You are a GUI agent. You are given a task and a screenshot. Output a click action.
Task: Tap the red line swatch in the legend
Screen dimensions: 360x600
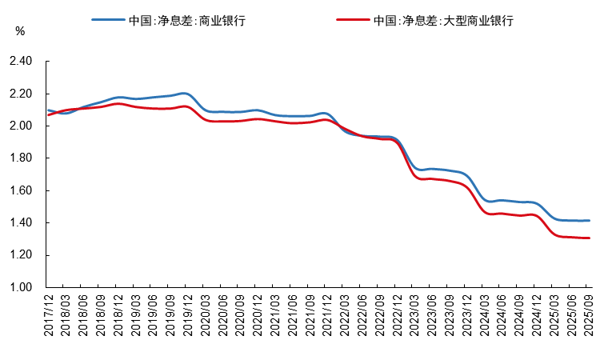click(353, 21)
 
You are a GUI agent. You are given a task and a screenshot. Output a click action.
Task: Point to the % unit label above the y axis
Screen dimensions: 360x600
click(21, 31)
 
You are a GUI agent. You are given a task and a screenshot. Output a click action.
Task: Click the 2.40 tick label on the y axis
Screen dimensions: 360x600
click(21, 62)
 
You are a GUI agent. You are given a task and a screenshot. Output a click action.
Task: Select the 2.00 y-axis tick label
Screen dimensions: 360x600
click(21, 126)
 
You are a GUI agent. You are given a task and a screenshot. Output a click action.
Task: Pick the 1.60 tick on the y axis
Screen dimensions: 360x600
click(21, 191)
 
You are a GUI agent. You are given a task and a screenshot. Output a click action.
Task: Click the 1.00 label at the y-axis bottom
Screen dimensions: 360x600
click(21, 288)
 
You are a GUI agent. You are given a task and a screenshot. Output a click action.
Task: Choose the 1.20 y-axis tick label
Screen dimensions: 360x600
click(21, 255)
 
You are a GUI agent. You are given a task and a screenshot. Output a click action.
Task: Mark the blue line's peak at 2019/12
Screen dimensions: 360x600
click(185, 94)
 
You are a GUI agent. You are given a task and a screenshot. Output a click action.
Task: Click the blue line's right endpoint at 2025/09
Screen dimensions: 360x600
click(588, 220)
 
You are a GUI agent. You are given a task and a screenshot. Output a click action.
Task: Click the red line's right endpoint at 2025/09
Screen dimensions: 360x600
click(588, 238)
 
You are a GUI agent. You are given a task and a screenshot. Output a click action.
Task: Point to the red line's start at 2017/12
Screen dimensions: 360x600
click(48, 115)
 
